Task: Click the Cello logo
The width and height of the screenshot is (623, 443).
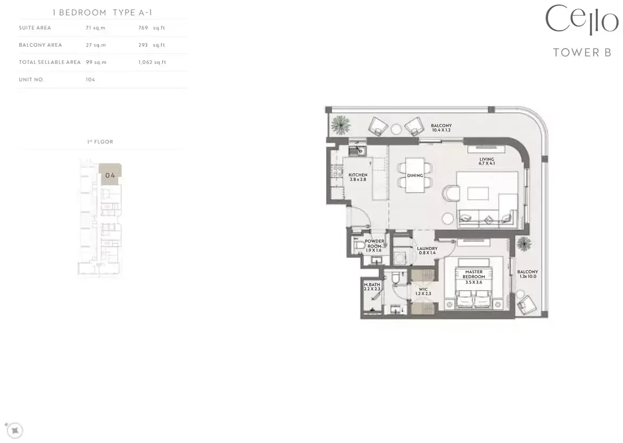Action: click(x=582, y=20)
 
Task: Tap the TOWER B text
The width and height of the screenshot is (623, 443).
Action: click(x=582, y=53)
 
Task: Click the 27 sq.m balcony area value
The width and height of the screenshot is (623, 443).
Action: click(x=96, y=45)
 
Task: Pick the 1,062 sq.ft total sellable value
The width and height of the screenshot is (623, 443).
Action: click(x=152, y=62)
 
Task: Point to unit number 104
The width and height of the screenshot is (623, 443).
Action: click(x=90, y=79)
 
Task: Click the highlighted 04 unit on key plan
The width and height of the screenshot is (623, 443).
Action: click(x=110, y=175)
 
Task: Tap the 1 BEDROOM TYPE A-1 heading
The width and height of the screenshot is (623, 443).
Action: click(x=103, y=13)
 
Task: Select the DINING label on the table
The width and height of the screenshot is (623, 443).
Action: click(x=415, y=175)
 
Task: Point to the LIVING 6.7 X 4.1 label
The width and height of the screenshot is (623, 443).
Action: click(x=487, y=161)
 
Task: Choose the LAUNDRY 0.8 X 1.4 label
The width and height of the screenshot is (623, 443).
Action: click(x=427, y=251)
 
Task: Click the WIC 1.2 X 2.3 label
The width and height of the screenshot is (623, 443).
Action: click(x=423, y=291)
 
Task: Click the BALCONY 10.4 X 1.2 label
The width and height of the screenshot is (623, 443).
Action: click(x=441, y=128)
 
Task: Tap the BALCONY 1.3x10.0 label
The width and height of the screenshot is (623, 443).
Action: click(x=527, y=274)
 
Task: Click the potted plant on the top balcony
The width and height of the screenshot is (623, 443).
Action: click(x=341, y=125)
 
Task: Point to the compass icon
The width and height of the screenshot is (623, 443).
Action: click(x=15, y=430)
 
